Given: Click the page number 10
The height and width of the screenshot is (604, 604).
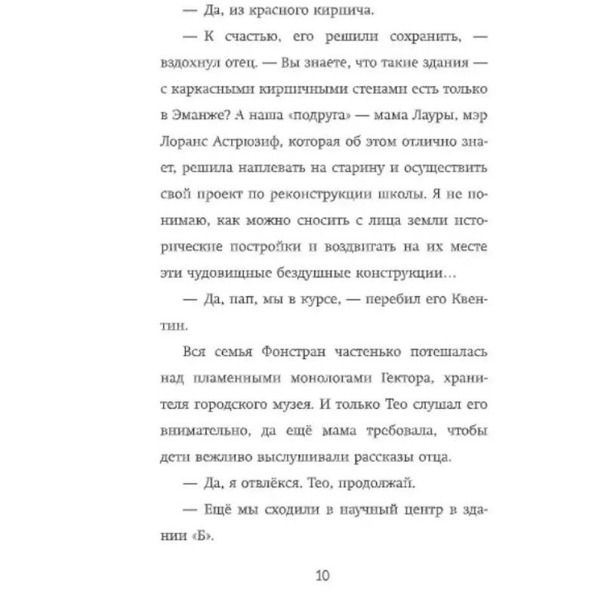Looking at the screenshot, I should coord(322,575).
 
